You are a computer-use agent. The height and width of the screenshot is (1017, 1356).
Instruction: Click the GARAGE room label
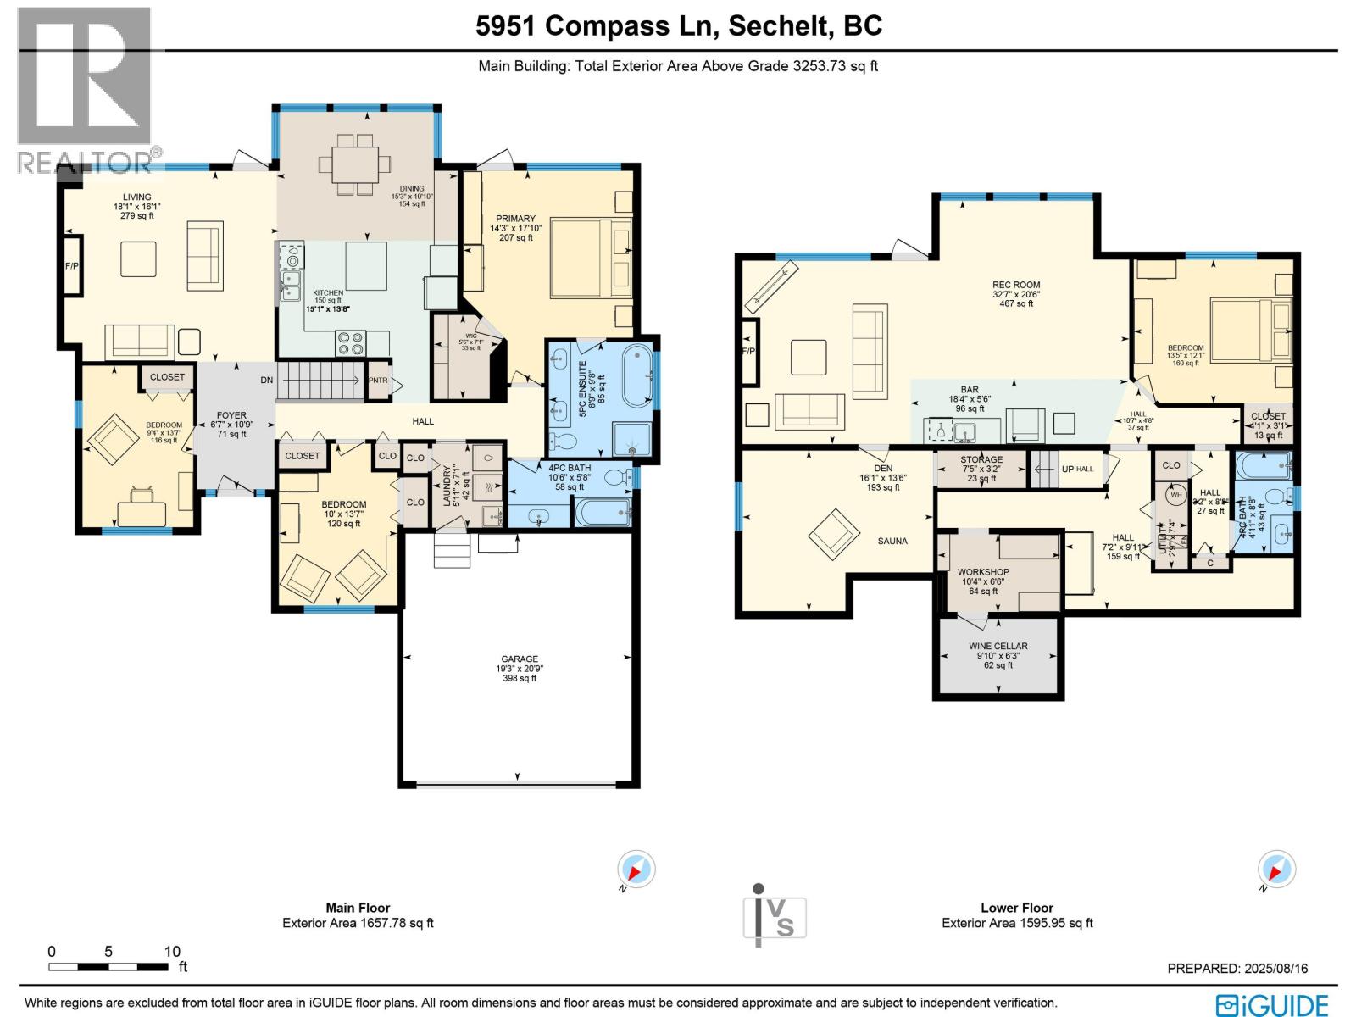pyautogui.click(x=519, y=659)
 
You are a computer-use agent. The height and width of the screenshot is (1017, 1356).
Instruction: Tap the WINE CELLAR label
pyautogui.click(x=998, y=646)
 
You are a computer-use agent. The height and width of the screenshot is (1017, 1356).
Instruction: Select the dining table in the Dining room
pyautogui.click(x=355, y=163)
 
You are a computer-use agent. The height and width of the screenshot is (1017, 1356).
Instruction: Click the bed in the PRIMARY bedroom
pyautogui.click(x=592, y=258)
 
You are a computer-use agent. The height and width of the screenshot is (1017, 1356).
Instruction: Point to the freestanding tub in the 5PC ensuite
pyautogui.click(x=636, y=375)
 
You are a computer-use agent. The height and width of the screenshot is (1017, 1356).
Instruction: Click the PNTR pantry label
pyautogui.click(x=378, y=381)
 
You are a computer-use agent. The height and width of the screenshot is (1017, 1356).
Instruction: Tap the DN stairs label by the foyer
pyautogui.click(x=267, y=381)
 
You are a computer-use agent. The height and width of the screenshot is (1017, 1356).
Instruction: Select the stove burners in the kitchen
pyautogui.click(x=351, y=342)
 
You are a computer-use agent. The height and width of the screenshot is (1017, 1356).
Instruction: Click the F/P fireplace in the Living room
pyautogui.click(x=72, y=265)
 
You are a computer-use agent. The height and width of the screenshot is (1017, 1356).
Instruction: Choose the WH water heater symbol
pyautogui.click(x=1176, y=495)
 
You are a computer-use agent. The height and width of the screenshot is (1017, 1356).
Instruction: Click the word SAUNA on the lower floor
pyautogui.click(x=892, y=541)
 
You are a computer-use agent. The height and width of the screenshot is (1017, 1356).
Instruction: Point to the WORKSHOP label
pyautogui.click(x=983, y=572)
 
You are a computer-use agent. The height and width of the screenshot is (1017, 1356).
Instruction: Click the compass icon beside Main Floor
pyautogui.click(x=636, y=870)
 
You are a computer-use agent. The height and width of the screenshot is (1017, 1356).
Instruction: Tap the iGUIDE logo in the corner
pyautogui.click(x=1272, y=1004)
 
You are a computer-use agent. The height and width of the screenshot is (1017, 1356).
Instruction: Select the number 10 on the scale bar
pyautogui.click(x=172, y=952)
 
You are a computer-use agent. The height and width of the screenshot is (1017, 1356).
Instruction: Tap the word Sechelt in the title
pyautogui.click(x=779, y=26)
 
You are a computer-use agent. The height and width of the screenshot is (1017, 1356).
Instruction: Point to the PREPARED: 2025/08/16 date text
pyautogui.click(x=1237, y=968)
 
